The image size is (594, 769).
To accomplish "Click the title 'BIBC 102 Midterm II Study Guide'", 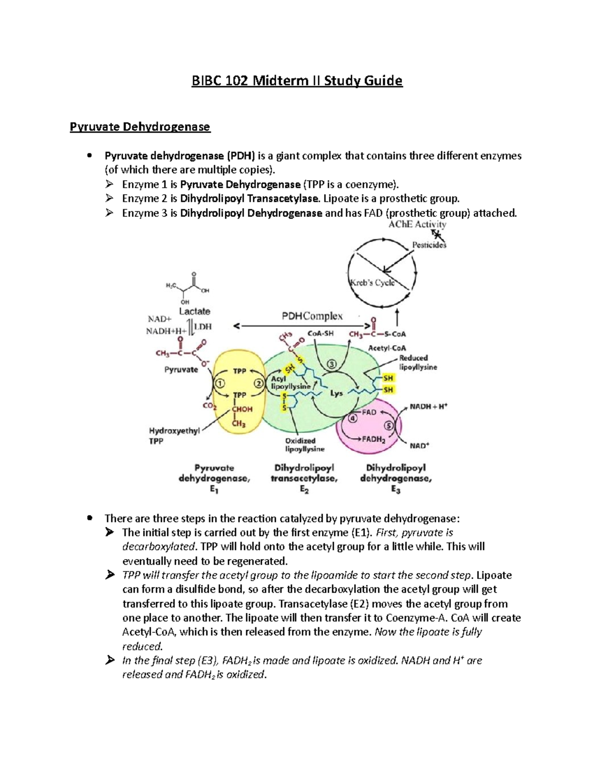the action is pos(297,80).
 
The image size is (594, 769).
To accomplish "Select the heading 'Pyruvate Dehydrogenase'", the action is pos(140,127).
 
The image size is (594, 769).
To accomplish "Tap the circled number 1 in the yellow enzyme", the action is pos(219,383).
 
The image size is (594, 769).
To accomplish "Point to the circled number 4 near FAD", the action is pos(352,418).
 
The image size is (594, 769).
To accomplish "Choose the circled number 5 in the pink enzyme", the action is pos(388,425).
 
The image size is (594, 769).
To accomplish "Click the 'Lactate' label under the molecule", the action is pos(195,311).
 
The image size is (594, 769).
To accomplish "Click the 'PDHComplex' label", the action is pos(312,316).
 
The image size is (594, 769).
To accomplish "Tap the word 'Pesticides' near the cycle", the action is pos(429,245).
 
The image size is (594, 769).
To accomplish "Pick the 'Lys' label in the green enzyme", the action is pos(336,394).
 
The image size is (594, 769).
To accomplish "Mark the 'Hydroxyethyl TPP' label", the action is pos(174,436).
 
